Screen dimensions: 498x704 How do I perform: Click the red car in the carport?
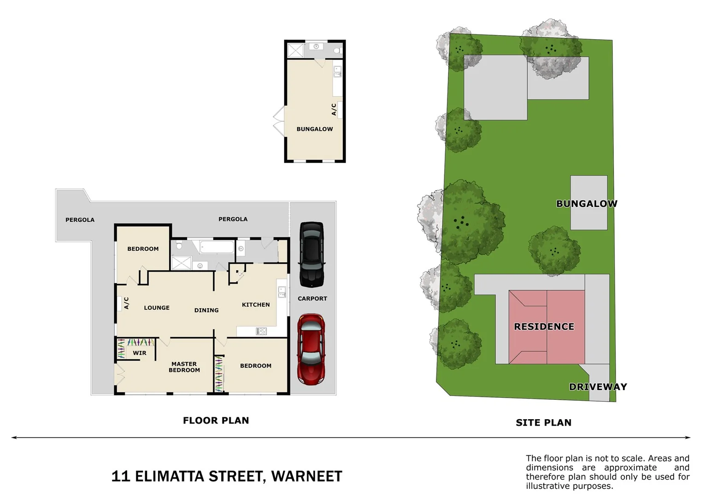pos(311,349)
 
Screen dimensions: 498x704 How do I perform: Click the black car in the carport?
pos(312,254)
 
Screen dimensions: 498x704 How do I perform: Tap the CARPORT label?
pos(312,299)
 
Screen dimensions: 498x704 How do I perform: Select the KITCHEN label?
pos(256,305)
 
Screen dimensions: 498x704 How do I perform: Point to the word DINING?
pos(206,310)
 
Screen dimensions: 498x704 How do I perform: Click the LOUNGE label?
pos(157,308)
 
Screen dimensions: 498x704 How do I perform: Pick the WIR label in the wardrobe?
pos(140,353)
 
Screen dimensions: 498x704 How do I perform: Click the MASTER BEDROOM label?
pos(184,367)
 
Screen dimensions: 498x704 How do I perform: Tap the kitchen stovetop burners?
pos(261,331)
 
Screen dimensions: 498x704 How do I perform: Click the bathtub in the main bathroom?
pos(217,247)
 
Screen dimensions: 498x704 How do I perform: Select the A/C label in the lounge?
pos(126,303)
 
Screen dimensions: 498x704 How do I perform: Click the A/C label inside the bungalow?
pos(334,109)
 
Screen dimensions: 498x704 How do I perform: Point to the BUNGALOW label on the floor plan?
pos(315,129)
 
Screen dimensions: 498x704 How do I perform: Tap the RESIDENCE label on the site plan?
pos(544,326)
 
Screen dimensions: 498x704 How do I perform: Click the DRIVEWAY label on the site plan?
pos(598,387)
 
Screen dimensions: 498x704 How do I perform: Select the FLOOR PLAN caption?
pos(216,421)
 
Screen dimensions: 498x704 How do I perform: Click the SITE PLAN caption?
pos(544,422)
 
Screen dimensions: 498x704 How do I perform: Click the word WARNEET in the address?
pos(307,476)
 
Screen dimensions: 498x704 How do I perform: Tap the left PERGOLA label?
pos(80,220)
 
